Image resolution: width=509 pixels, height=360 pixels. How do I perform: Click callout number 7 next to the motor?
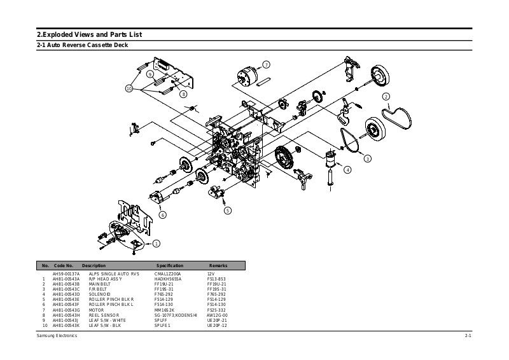click(266, 64)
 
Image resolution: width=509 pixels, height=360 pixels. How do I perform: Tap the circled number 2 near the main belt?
click(386, 97)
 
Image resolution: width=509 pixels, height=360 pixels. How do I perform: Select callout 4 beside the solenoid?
click(347, 169)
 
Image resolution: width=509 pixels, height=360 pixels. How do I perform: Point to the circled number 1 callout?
click(157, 243)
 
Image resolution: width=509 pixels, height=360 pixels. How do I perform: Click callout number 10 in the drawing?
click(129, 88)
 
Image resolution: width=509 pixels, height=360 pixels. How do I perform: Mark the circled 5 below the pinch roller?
click(228, 210)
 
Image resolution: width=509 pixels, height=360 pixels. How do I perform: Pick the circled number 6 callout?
click(163, 215)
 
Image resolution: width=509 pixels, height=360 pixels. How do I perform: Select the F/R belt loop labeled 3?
click(349, 141)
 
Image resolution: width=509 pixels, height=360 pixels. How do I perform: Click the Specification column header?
click(169, 265)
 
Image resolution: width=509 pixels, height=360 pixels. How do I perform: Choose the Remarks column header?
click(218, 265)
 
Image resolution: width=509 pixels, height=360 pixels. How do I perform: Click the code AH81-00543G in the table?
click(66, 310)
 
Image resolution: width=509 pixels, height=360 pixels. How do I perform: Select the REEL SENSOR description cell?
click(104, 315)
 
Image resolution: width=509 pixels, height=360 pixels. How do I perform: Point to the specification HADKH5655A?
click(168, 279)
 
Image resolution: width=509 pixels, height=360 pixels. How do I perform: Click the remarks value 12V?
click(211, 273)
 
